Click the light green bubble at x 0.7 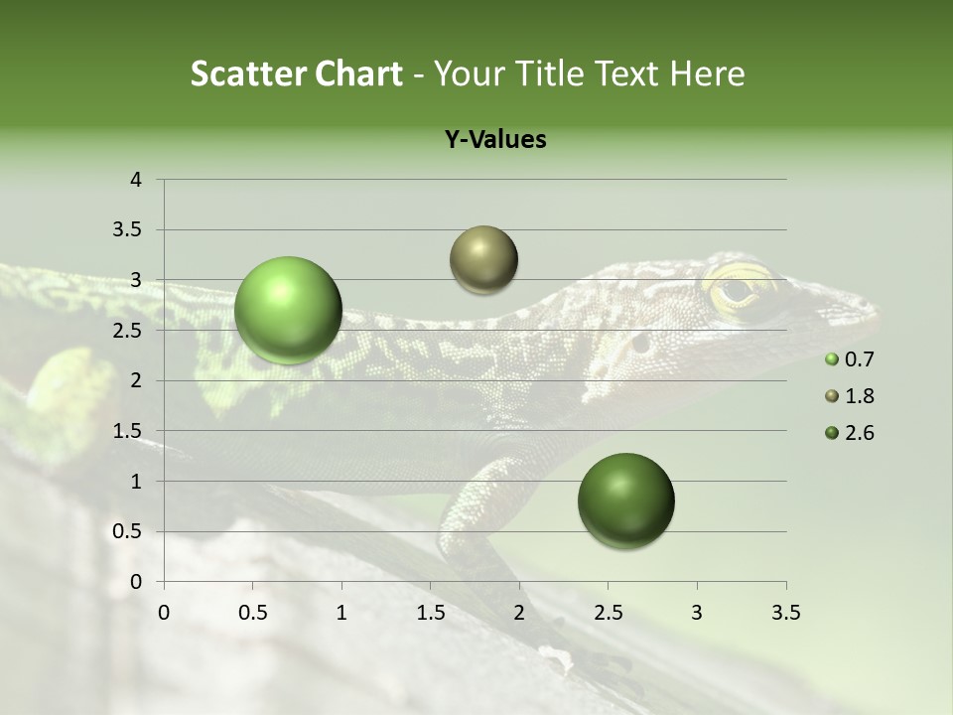[289, 310]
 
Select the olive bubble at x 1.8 [483, 260]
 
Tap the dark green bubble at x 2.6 [625, 500]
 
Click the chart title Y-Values [495, 140]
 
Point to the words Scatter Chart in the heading [296, 73]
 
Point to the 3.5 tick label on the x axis [785, 613]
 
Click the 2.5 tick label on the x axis [608, 613]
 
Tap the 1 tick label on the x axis [341, 613]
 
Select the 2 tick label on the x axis [519, 613]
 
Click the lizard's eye [737, 290]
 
